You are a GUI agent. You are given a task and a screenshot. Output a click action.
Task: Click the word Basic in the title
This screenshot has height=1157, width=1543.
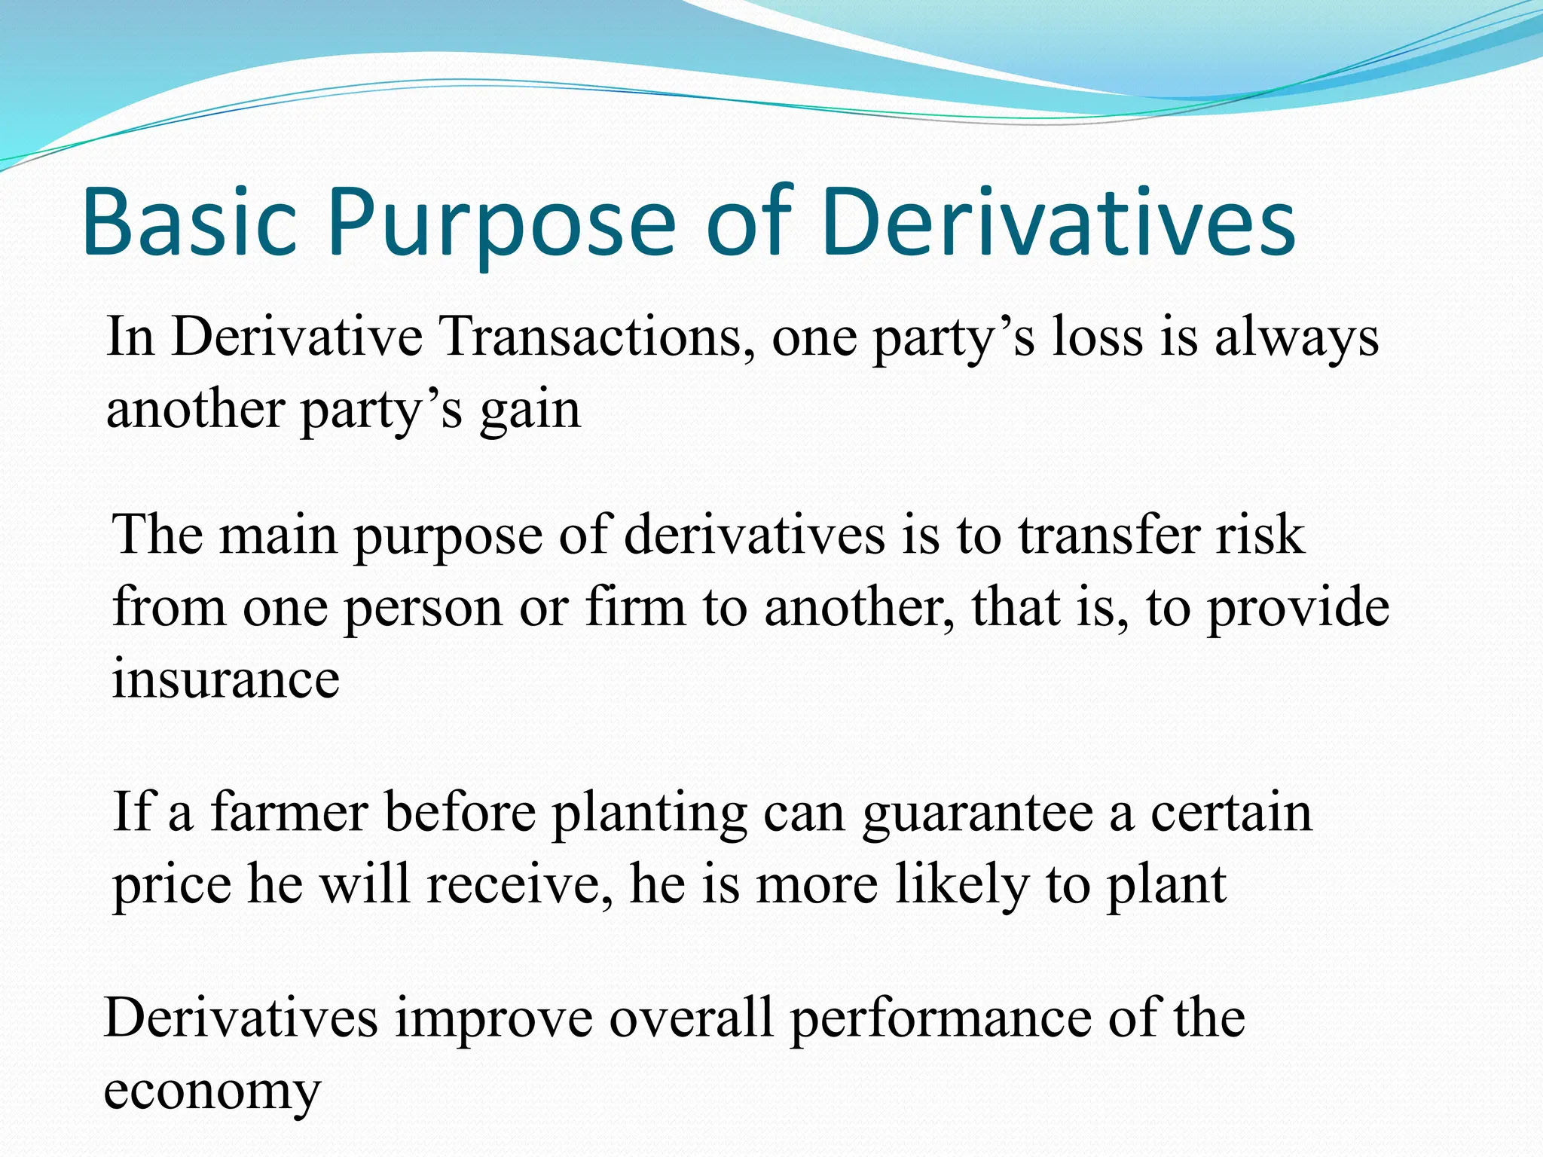tap(189, 223)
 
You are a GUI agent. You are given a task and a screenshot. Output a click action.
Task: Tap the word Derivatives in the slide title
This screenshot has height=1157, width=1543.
tap(1059, 223)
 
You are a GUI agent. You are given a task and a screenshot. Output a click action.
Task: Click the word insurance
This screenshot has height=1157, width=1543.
tap(225, 678)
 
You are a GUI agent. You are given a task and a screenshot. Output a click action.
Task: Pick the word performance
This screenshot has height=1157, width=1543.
tap(941, 1019)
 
